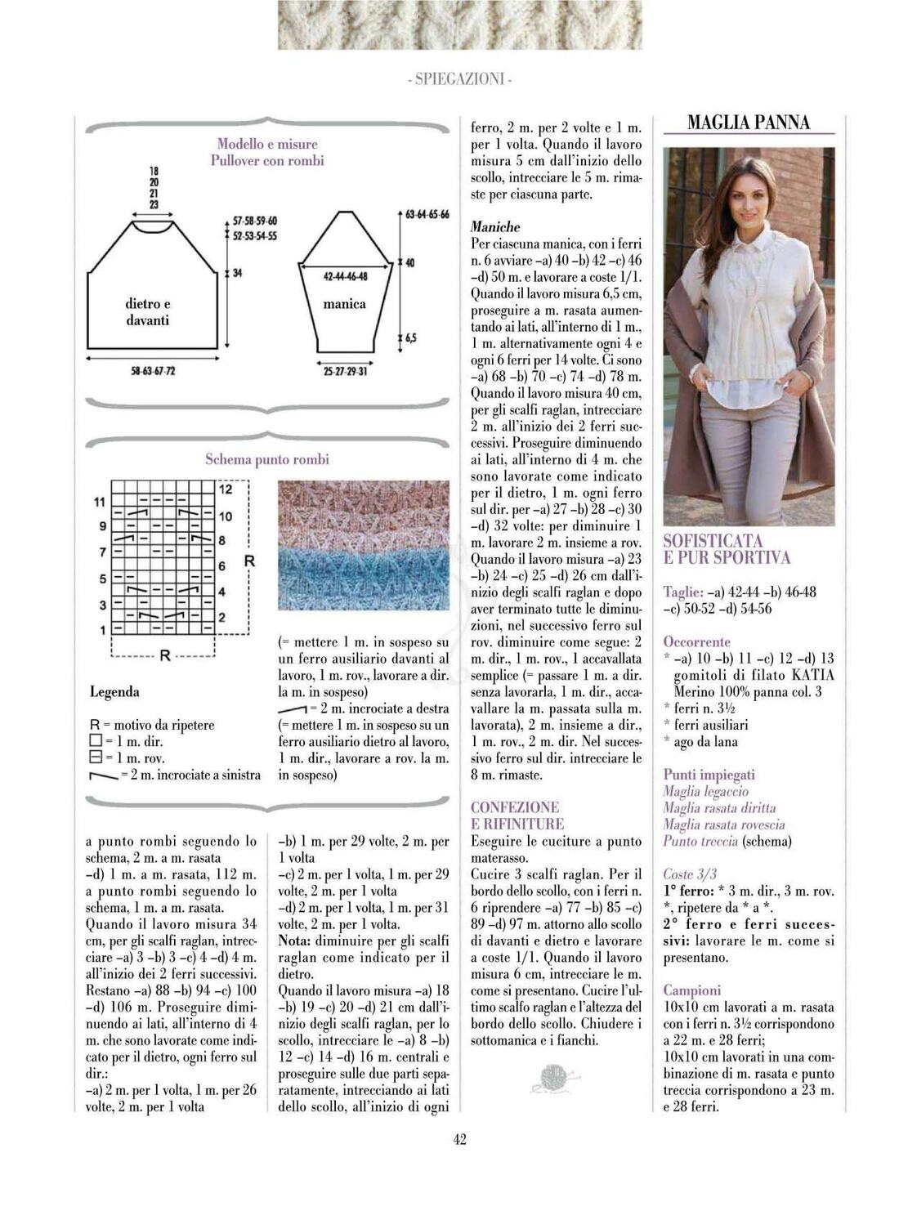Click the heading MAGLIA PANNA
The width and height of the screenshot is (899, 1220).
click(x=749, y=123)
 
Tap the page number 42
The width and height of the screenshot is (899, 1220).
click(x=459, y=1139)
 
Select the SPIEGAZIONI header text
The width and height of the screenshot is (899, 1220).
click(x=459, y=79)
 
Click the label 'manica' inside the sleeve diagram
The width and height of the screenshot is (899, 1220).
click(x=344, y=304)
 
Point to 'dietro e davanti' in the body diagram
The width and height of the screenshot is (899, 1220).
click(x=148, y=312)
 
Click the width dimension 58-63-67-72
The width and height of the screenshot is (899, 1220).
click(x=153, y=371)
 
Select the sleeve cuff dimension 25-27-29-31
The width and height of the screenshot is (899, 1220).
click(x=345, y=371)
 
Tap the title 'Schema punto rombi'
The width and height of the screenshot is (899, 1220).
click(x=267, y=459)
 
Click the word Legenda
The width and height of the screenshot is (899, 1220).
click(x=114, y=692)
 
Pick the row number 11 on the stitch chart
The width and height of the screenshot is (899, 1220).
click(x=99, y=501)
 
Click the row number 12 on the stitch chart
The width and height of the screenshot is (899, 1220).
click(x=226, y=489)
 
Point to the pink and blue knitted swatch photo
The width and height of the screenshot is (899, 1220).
click(x=364, y=545)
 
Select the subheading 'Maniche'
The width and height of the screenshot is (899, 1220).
click(x=495, y=227)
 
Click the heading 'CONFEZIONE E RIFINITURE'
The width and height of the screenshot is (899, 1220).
click(x=517, y=816)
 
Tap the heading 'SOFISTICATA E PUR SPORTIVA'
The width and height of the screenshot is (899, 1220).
click(x=727, y=549)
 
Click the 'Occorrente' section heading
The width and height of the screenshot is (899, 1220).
click(x=696, y=642)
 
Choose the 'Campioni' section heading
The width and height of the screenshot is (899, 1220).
click(x=691, y=990)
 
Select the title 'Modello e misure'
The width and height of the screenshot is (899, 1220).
click(x=267, y=145)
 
